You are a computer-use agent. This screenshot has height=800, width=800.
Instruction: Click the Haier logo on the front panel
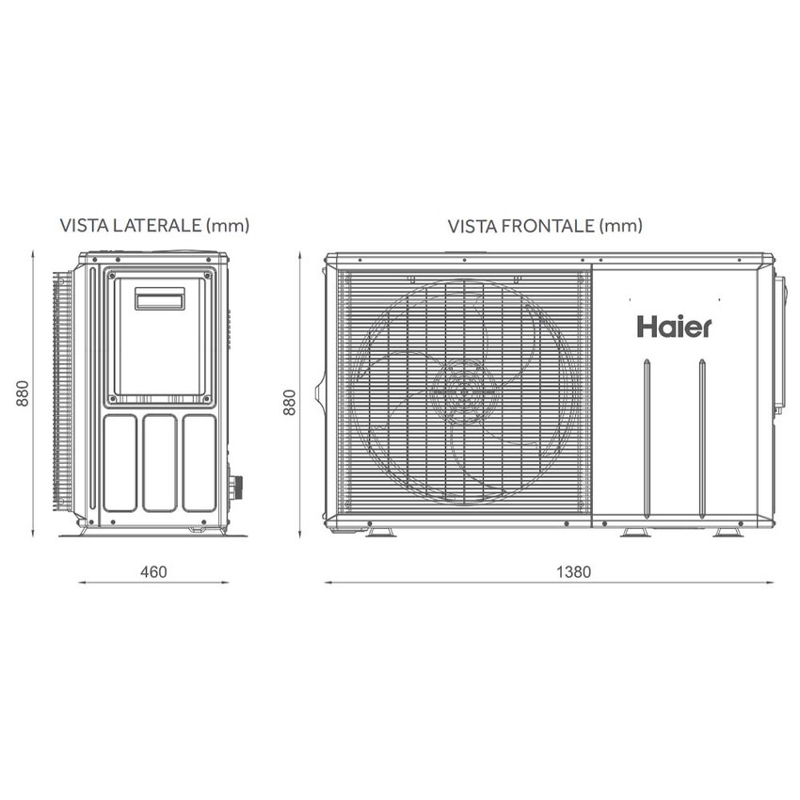coord(674,327)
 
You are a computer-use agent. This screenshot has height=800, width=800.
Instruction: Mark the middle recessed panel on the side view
coord(158,462)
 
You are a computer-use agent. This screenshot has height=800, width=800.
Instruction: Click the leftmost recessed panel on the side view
coord(118,462)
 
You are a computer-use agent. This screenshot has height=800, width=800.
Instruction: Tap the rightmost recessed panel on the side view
coord(199,462)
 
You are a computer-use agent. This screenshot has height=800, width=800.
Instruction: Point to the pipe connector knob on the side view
coord(238,488)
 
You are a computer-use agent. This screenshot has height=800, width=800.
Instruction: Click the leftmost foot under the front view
coord(380,534)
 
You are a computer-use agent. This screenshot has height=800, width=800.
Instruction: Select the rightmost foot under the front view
coord(726,534)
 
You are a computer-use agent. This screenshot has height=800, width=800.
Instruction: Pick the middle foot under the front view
coord(636,534)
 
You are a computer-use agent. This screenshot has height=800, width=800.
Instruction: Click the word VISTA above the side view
coord(80,226)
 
